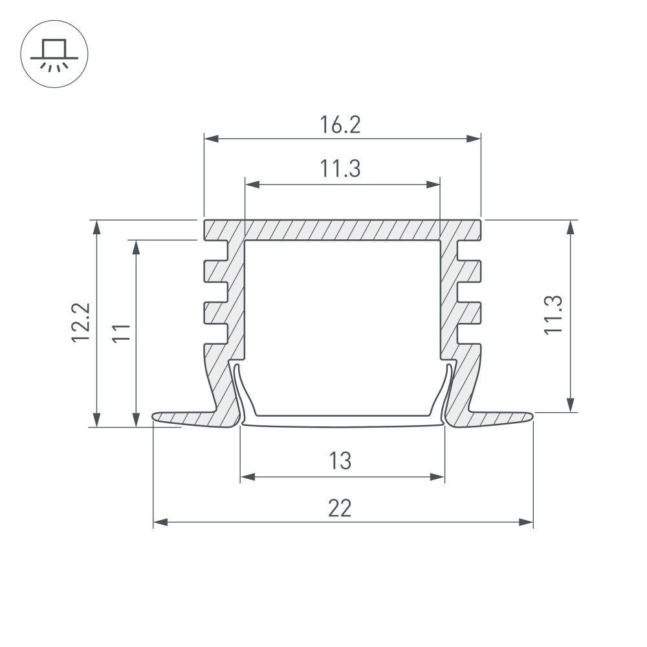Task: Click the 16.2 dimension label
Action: point(340,125)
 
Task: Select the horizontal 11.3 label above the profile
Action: point(340,169)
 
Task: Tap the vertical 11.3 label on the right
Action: point(553,315)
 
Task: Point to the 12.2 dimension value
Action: point(80,322)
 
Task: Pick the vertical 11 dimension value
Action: point(122,333)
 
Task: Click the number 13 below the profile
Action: point(340,461)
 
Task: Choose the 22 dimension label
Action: point(340,508)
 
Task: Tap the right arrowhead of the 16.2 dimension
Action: point(474,138)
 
